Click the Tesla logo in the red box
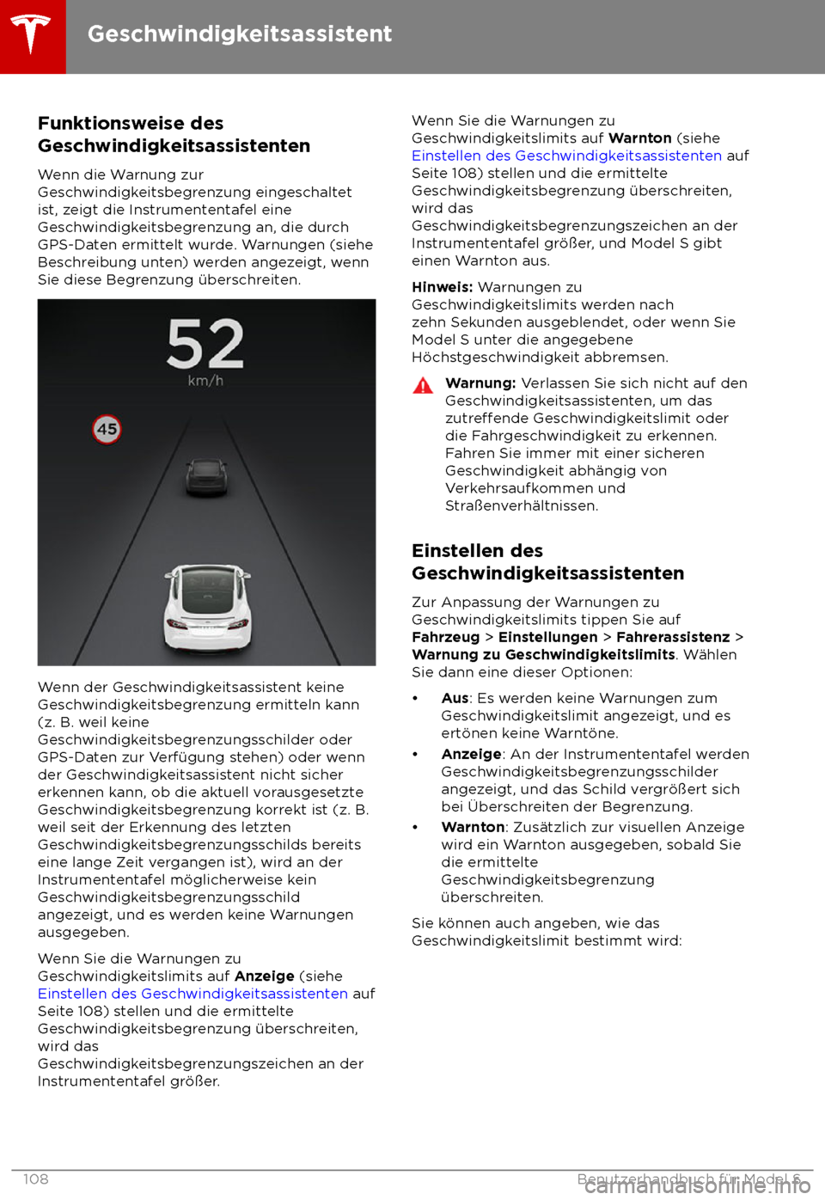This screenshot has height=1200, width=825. tap(32, 34)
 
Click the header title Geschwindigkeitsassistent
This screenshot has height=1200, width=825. tap(240, 34)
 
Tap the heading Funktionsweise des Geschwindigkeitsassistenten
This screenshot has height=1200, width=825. tap(174, 135)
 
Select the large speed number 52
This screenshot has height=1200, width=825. tap(205, 344)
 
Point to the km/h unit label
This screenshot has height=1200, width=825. tap(205, 381)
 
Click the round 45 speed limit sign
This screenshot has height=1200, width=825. tap(107, 429)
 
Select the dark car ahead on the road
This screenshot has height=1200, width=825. tap(205, 476)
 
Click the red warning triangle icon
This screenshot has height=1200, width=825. tap(423, 385)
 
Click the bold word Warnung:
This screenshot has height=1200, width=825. tap(480, 383)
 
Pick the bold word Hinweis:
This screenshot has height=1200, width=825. tap(443, 287)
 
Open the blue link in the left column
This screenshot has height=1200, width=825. tap(192, 994)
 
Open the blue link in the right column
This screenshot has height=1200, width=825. tap(566, 156)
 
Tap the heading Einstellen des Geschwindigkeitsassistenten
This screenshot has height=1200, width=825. tap(547, 562)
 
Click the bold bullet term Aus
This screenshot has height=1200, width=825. tap(455, 699)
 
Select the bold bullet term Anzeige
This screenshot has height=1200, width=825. tap(471, 754)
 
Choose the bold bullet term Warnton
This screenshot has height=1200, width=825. tap(473, 827)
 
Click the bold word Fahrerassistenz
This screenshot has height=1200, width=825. tap(673, 637)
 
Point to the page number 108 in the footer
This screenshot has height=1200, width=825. tap(35, 1179)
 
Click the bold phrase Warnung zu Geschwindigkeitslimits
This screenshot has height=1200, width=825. tap(543, 655)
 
